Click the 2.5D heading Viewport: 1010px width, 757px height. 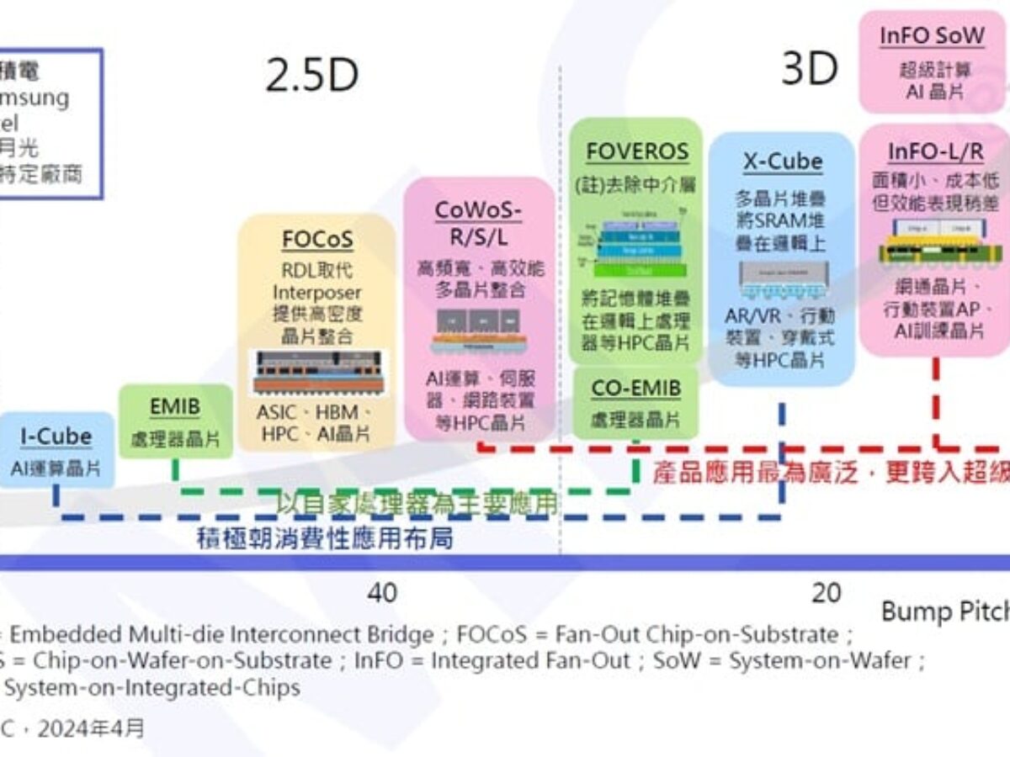tap(311, 76)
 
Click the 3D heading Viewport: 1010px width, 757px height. tap(809, 69)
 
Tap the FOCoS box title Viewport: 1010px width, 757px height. tap(316, 240)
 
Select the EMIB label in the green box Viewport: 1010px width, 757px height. tap(175, 408)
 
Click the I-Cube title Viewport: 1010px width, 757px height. tap(56, 437)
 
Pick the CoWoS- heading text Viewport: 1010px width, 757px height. tap(478, 209)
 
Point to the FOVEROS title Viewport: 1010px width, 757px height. tap(637, 152)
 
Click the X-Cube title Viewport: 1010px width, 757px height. tap(782, 161)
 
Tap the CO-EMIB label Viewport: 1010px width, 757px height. tap(635, 389)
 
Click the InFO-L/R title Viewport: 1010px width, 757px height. tap(934, 151)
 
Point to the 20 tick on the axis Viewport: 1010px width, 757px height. tap(826, 593)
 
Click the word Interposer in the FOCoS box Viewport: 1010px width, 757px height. tap(316, 293)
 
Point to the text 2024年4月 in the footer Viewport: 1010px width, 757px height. tap(92, 728)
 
